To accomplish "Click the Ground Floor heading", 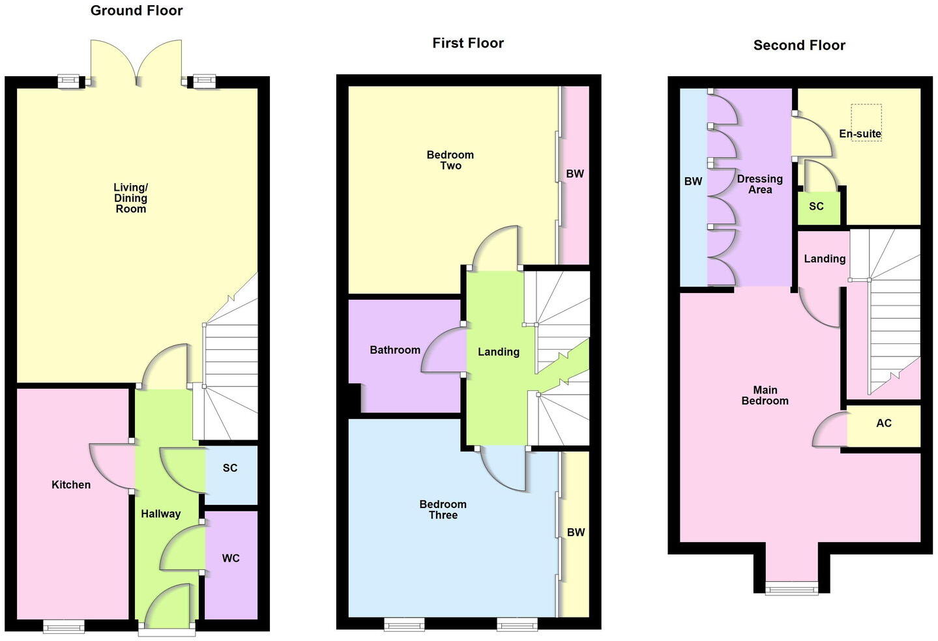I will point(136,10).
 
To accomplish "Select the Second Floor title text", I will point(799,45).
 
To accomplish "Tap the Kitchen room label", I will point(71,485).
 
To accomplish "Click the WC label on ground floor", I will point(231,558).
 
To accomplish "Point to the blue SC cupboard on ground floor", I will point(230,475).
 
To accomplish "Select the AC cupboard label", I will point(884,423).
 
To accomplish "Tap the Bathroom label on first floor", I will point(395,350).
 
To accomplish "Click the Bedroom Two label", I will point(450,160).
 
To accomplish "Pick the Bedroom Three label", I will point(443,509).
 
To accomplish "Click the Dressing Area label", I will point(759,184).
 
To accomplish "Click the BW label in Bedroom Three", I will point(576,533).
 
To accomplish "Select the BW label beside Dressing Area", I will point(693,181).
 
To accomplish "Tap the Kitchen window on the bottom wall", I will point(64,626).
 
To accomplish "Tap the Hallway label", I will point(161,514).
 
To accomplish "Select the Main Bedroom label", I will point(765,395).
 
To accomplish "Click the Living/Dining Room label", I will point(130,198).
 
